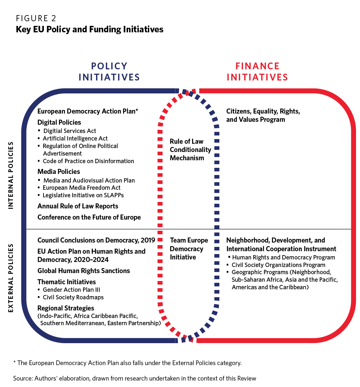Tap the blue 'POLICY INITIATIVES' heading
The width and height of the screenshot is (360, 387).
[109, 72]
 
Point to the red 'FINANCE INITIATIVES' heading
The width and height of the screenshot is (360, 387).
[257, 72]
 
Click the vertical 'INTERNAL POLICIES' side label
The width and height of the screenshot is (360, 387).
[10, 175]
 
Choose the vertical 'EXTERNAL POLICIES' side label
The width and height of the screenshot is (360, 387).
[10, 278]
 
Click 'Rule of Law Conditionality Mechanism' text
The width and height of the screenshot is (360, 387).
[190, 150]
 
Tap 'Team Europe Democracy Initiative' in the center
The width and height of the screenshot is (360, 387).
[189, 249]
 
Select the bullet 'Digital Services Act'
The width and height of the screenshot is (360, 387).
[70, 131]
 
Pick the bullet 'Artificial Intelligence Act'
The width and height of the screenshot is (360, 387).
[75, 138]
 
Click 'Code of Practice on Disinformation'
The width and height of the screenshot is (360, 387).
[88, 161]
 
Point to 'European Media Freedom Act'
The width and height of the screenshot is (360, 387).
[82, 188]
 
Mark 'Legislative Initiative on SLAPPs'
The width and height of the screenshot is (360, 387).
[83, 195]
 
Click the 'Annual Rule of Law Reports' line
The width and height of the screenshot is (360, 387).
[78, 206]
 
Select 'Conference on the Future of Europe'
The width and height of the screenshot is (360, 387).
[89, 217]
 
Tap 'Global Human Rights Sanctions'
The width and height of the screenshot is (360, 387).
[83, 271]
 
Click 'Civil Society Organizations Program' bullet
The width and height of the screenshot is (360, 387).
[278, 265]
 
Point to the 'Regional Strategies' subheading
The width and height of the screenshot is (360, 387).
[66, 308]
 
